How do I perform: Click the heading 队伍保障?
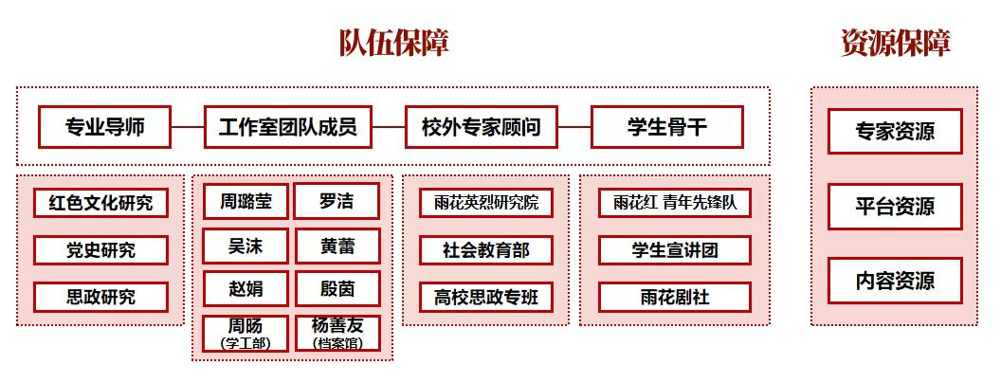click(x=393, y=44)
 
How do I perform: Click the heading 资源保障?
click(x=895, y=44)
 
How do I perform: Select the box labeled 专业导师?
click(x=105, y=127)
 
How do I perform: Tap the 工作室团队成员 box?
click(x=287, y=127)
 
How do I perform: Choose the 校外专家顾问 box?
click(x=481, y=127)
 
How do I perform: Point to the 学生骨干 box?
click(x=667, y=127)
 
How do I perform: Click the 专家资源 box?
click(x=895, y=131)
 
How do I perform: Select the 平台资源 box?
click(x=895, y=207)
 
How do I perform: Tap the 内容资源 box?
click(x=895, y=281)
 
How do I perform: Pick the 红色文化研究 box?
click(x=100, y=202)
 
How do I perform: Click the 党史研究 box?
click(x=100, y=250)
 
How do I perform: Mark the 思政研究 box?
click(x=100, y=297)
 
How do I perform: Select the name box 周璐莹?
click(x=246, y=201)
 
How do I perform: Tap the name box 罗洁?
click(x=337, y=201)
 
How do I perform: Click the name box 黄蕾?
click(x=337, y=246)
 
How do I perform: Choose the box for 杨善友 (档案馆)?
click(x=337, y=333)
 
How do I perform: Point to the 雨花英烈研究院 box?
click(x=485, y=202)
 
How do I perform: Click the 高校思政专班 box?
click(x=485, y=297)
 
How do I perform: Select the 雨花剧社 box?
click(x=675, y=297)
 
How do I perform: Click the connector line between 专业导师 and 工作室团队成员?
click(x=188, y=127)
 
